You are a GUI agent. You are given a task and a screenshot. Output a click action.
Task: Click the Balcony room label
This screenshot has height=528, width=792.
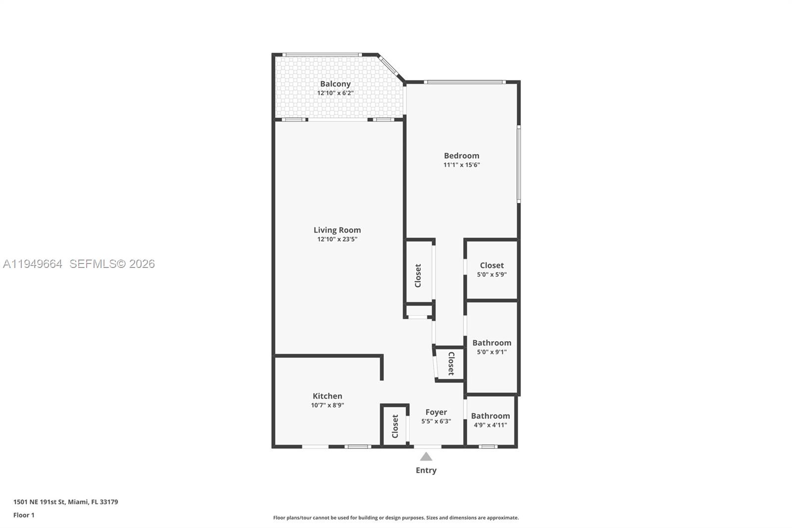click(335, 84)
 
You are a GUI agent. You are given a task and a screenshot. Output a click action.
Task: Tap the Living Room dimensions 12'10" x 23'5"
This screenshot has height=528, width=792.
click(337, 239)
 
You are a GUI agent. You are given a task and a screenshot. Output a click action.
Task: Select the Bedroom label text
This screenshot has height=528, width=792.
click(461, 156)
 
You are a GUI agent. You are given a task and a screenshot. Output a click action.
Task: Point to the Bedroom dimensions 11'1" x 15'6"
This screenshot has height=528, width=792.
click(461, 165)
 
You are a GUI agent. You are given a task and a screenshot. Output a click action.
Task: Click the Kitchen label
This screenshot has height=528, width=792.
click(327, 396)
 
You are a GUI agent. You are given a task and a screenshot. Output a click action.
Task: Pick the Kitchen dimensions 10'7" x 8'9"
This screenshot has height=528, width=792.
click(327, 405)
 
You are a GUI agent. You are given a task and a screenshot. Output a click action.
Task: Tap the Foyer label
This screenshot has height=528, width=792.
click(436, 412)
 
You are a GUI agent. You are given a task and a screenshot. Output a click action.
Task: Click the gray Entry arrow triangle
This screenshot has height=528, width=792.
click(426, 457)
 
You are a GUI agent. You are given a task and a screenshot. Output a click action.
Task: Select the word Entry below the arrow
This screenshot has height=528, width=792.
click(426, 470)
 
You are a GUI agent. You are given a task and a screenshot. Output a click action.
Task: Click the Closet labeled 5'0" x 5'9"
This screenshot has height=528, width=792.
click(492, 265)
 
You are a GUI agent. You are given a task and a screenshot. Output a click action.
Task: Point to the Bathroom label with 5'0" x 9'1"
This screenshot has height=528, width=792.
click(492, 343)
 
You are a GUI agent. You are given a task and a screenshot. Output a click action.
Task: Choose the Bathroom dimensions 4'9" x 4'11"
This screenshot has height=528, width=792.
click(490, 425)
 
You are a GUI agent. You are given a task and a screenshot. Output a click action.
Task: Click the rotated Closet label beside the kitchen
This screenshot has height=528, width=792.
click(395, 426)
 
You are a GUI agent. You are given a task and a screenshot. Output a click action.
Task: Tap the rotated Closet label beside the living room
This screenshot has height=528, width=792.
click(418, 275)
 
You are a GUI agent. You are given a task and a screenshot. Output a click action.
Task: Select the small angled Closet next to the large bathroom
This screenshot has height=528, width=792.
click(451, 364)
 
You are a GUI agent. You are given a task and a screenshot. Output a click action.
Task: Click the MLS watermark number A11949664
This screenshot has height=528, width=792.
click(33, 264)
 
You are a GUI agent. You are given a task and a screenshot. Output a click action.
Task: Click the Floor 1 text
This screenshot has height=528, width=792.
click(24, 515)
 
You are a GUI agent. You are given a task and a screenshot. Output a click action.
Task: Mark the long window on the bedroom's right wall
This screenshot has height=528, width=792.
click(518, 164)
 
